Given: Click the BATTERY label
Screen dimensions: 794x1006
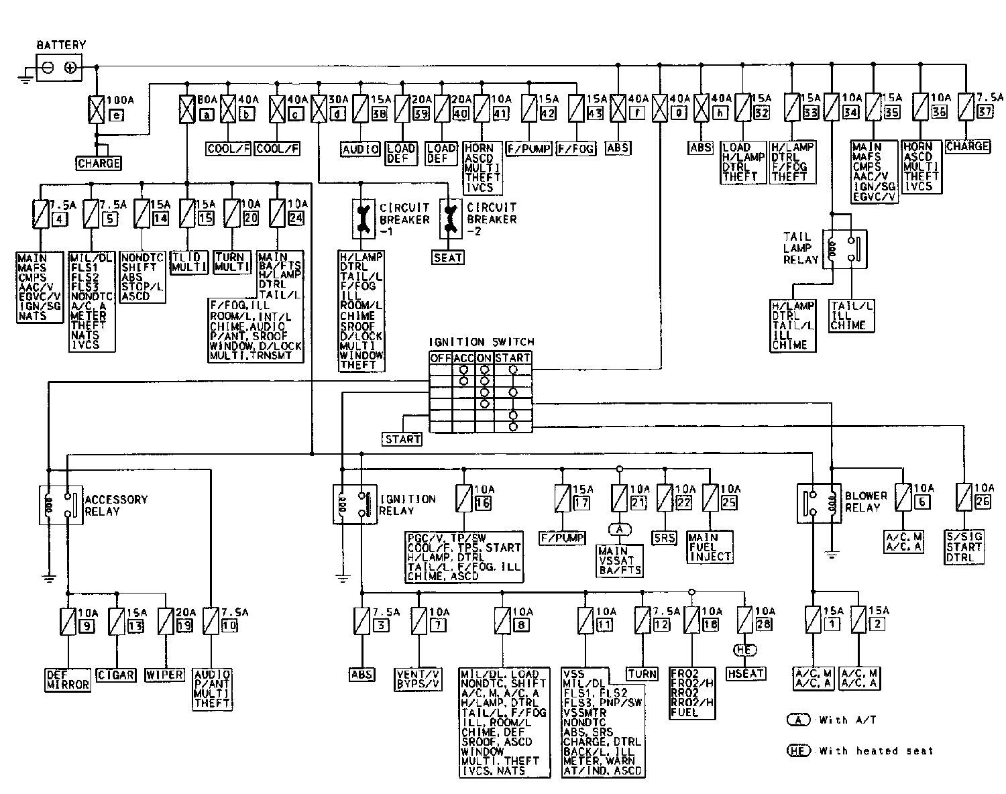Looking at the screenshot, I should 61,45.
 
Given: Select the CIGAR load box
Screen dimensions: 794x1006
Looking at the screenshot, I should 117,675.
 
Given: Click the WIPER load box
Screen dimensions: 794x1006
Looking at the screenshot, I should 164,675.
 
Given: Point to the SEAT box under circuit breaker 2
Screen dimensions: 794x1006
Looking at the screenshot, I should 447,257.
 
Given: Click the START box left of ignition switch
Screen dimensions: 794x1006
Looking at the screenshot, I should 402,439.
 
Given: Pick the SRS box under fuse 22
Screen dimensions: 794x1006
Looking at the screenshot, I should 664,538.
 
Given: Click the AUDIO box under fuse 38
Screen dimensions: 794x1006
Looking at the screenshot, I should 361,149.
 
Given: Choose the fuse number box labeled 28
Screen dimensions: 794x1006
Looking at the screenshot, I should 765,624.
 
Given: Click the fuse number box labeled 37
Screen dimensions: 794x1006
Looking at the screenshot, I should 985,112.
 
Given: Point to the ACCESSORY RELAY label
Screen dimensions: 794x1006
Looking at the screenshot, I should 115,505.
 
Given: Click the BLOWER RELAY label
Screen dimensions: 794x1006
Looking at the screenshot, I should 865,502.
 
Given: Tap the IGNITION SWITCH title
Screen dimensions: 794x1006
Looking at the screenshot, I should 481,343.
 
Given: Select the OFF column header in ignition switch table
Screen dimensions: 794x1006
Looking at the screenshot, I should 441,358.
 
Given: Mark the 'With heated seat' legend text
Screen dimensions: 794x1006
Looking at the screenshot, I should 876,751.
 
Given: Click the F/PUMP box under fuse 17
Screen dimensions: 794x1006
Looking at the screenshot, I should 563,538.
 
